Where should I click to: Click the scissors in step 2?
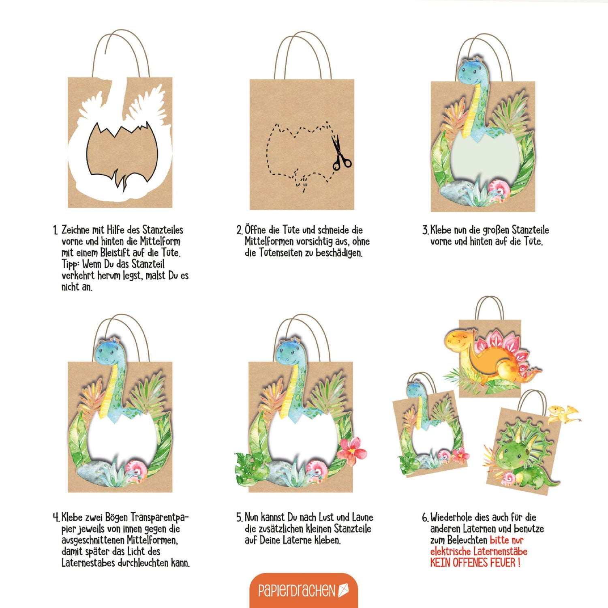click(340, 153)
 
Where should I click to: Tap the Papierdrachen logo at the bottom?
click(304, 590)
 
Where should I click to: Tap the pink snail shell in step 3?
click(499, 189)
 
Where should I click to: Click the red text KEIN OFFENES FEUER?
click(475, 563)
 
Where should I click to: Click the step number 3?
click(425, 230)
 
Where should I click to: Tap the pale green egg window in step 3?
click(485, 158)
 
